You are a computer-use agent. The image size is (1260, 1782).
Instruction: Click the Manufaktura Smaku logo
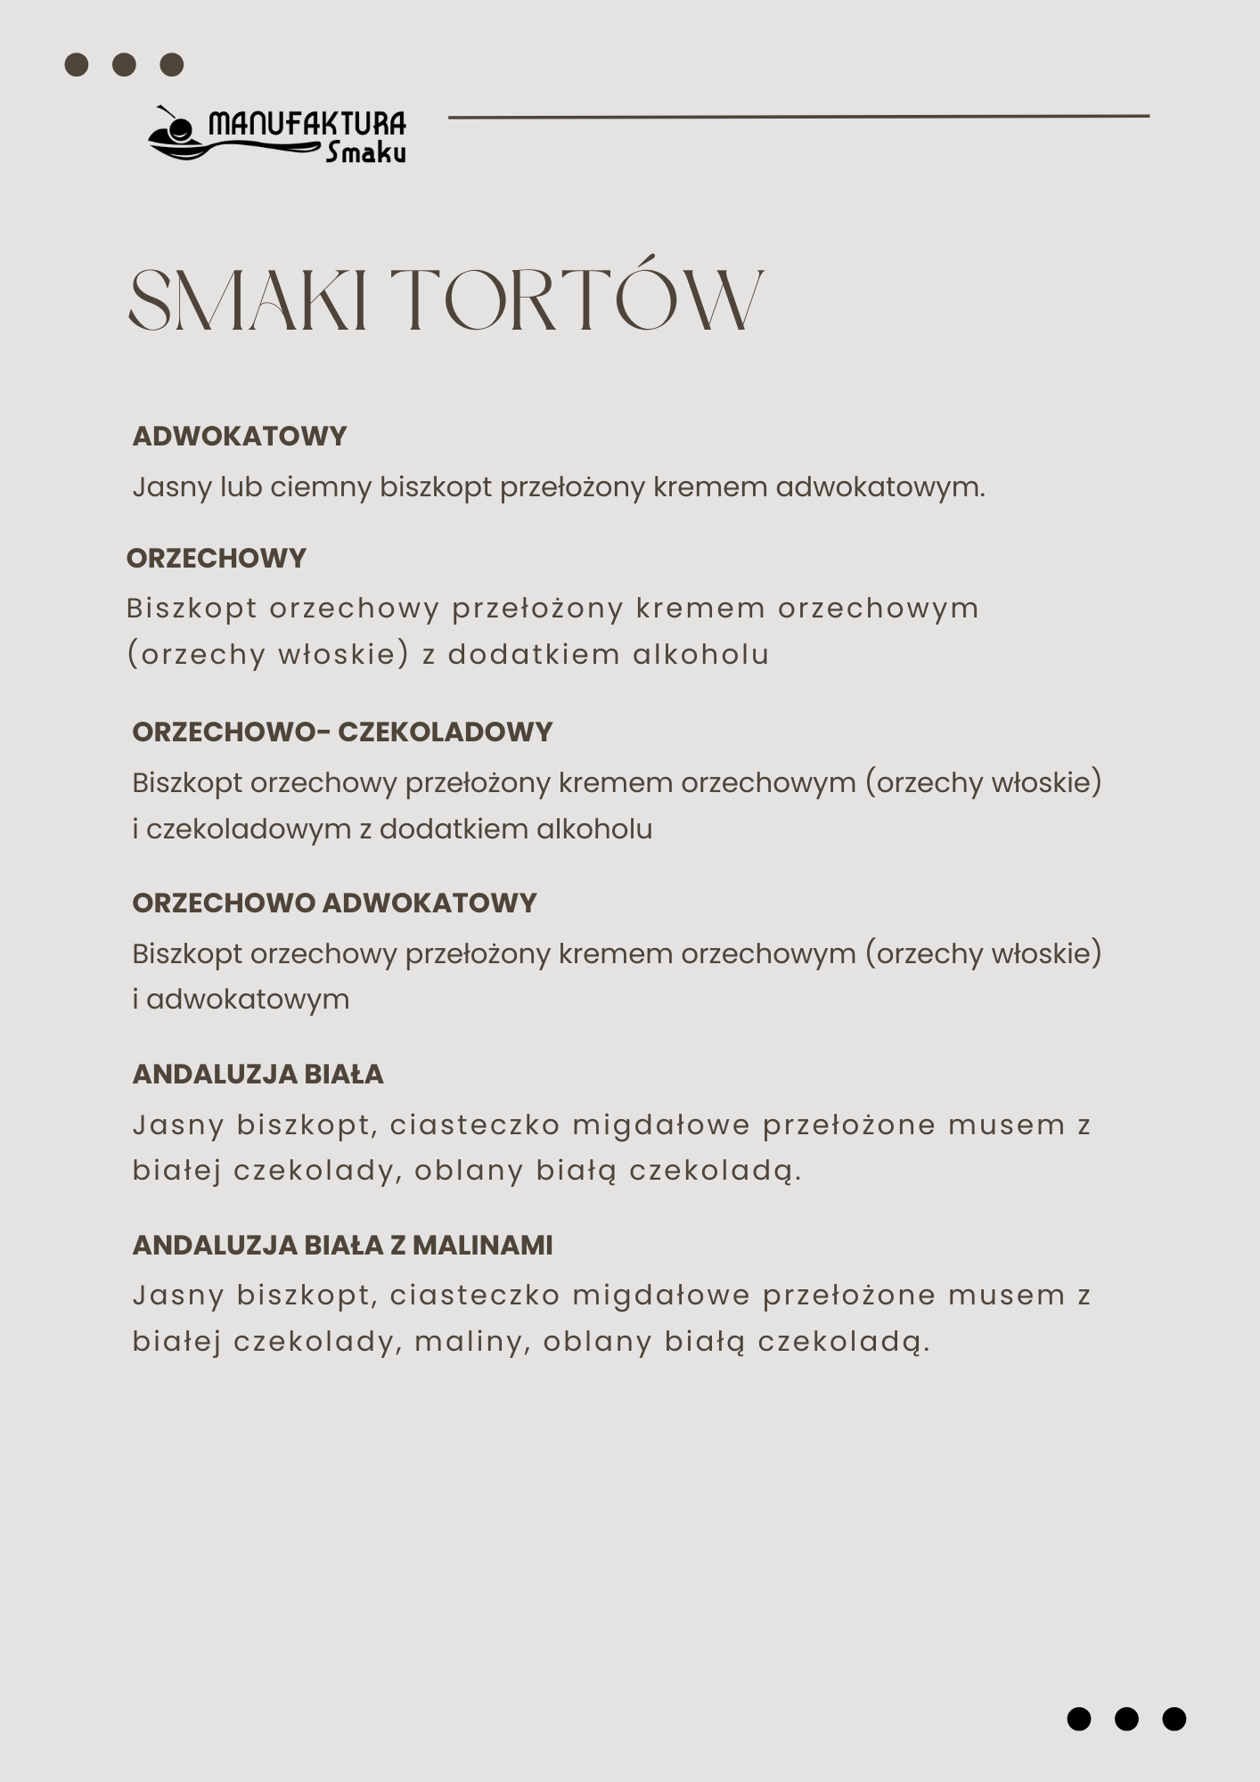click(x=277, y=135)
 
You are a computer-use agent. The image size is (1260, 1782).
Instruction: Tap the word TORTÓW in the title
click(x=577, y=298)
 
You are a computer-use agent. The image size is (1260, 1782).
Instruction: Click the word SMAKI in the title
click(x=249, y=299)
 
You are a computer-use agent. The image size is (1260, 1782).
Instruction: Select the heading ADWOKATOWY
click(x=239, y=436)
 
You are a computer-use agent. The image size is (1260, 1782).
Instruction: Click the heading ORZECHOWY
click(x=217, y=558)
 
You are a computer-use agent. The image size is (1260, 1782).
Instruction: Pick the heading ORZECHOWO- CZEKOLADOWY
click(x=342, y=732)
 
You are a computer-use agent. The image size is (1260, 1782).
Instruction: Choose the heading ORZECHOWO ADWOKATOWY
click(x=334, y=903)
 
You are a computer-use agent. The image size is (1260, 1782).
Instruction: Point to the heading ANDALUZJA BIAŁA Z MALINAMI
click(x=342, y=1245)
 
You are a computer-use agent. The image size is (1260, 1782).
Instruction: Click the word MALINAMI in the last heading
click(x=482, y=1245)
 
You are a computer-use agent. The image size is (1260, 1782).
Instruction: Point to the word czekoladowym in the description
click(x=249, y=830)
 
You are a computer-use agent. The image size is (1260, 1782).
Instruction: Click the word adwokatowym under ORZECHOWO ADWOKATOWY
click(x=248, y=1000)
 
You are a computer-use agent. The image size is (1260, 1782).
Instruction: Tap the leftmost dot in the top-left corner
click(x=77, y=65)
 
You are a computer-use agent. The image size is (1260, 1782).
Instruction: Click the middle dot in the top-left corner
click(x=125, y=65)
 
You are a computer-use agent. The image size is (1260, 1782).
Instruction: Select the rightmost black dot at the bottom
click(x=1174, y=1719)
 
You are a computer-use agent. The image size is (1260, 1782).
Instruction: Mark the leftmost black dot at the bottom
click(x=1079, y=1719)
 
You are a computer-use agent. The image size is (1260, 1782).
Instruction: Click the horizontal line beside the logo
click(x=798, y=116)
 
